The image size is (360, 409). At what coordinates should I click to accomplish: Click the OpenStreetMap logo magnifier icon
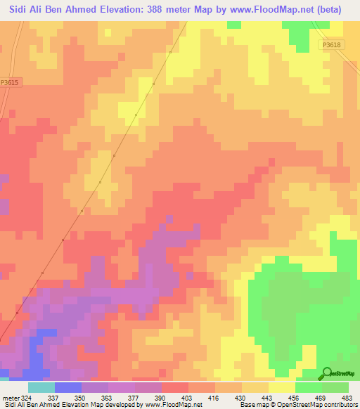pos(326,373)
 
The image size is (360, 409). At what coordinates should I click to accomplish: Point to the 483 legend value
pos(348,398)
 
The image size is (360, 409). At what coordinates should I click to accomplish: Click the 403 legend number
pos(187,398)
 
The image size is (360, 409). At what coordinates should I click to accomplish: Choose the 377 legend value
pos(135,398)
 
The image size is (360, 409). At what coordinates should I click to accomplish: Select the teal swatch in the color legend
pos(41,387)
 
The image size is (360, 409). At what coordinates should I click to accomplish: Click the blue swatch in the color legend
pos(68,387)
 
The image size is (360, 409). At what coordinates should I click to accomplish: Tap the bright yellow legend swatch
pos(282,387)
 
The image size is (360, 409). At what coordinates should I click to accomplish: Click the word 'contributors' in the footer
pos(338,405)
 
